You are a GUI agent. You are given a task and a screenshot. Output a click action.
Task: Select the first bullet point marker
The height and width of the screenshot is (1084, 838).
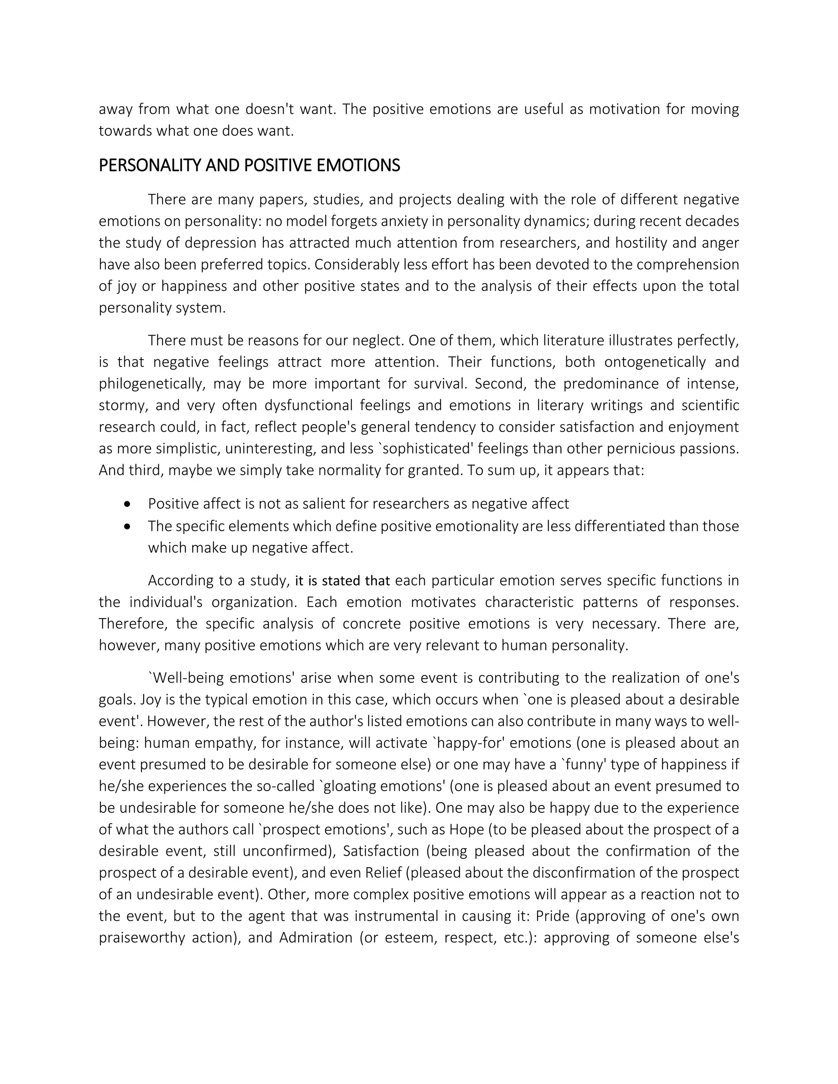(128, 504)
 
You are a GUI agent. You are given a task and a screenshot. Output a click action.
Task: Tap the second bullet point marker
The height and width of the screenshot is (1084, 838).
(128, 526)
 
